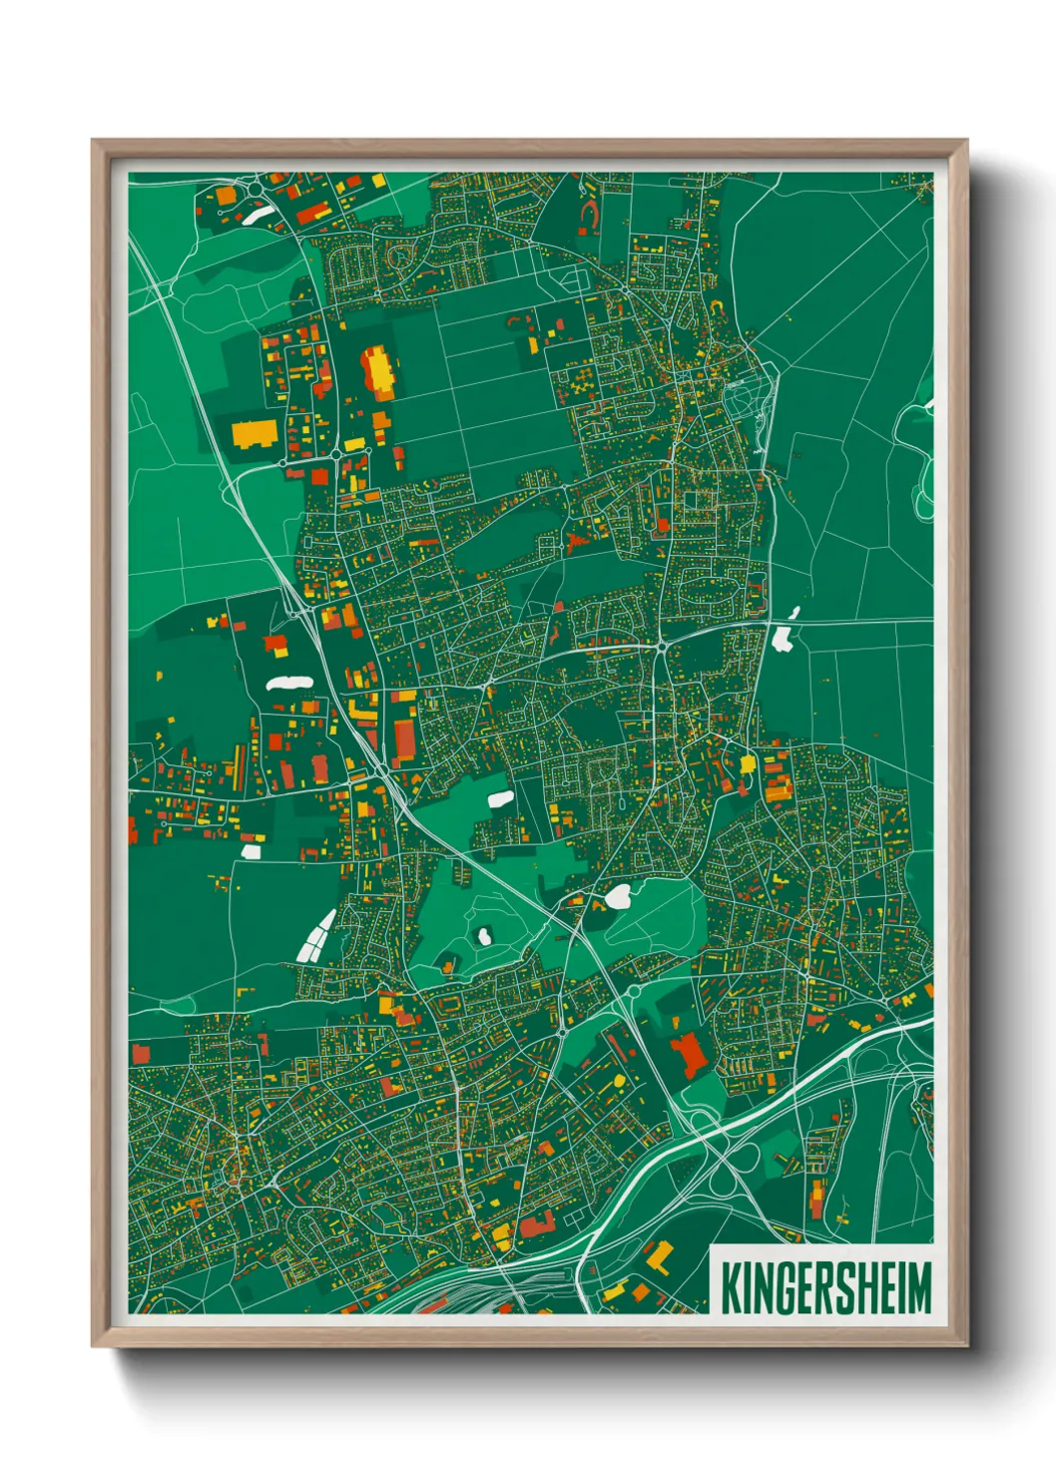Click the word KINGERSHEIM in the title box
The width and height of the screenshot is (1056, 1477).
(825, 1286)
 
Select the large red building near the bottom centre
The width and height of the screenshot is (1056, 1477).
(687, 1054)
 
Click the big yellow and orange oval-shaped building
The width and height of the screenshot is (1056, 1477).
(378, 370)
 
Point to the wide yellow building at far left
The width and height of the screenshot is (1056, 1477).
(255, 434)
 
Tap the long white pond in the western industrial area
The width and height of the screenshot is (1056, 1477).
(288, 684)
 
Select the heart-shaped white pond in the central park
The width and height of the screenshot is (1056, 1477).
(618, 897)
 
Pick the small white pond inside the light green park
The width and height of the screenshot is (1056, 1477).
(484, 936)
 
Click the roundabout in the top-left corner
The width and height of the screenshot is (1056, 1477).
(252, 189)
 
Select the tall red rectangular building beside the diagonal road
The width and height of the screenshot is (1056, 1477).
(405, 740)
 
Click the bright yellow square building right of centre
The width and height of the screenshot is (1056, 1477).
(748, 764)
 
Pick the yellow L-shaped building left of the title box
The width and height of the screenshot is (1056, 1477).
(657, 1255)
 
